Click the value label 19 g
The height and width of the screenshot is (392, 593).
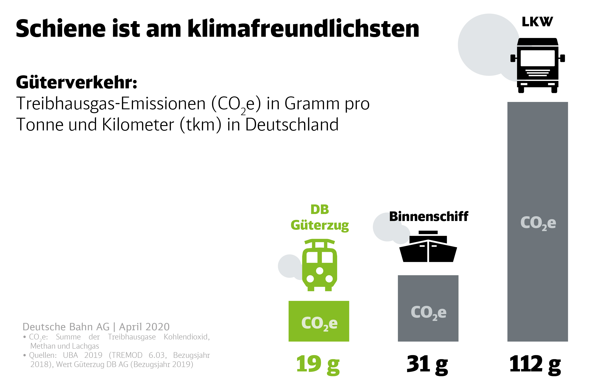[x=318, y=364]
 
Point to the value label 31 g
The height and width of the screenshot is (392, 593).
[x=427, y=364]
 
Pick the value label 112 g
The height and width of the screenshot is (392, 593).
[x=535, y=364]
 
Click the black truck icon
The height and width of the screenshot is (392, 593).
[x=537, y=66]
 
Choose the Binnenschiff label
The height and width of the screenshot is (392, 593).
[x=429, y=217]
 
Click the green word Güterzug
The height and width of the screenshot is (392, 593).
[x=320, y=226]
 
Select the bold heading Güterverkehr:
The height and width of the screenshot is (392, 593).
[x=77, y=82]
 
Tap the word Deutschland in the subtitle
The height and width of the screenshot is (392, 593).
[x=292, y=125]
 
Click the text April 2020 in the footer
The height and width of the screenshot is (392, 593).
[x=144, y=327]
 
